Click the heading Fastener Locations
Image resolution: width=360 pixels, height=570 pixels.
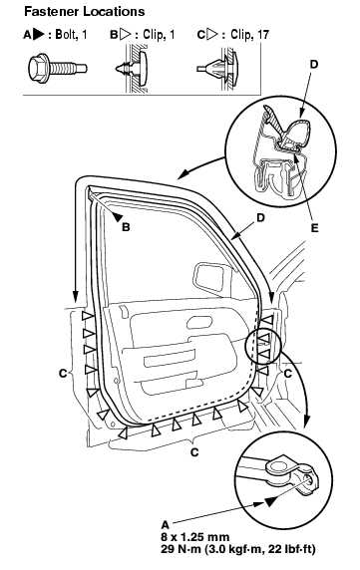coord(85,11)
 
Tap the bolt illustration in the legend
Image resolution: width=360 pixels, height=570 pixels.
coord(58,67)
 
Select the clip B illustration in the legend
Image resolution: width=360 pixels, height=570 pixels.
coord(133,68)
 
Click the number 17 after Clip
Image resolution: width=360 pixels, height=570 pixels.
coord(263,35)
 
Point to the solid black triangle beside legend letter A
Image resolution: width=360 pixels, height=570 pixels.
coord(39,35)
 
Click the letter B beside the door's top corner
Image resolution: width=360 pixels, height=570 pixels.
coord(126,227)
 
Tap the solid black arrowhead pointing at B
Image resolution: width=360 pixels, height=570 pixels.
coord(117,216)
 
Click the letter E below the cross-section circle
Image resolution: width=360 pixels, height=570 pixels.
coord(314,228)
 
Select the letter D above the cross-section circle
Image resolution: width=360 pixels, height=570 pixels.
coord(314,65)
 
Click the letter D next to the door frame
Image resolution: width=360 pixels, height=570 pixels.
coord(260,218)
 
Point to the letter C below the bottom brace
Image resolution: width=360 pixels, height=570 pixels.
coord(194,452)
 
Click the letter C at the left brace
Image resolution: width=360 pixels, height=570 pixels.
coord(63,373)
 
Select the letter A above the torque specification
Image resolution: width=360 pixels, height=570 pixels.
coord(166,525)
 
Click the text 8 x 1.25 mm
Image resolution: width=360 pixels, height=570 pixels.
coord(195,537)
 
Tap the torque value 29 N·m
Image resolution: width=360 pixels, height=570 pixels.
coord(180,549)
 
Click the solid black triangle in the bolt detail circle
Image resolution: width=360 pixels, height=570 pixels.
coord(271,502)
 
